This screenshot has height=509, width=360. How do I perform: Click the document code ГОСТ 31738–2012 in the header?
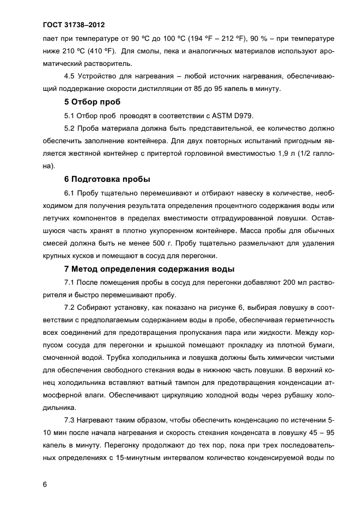(x=73, y=26)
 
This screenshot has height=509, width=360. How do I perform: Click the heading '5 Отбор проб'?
(x=92, y=102)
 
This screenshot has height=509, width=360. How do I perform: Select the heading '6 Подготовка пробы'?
(x=107, y=179)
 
